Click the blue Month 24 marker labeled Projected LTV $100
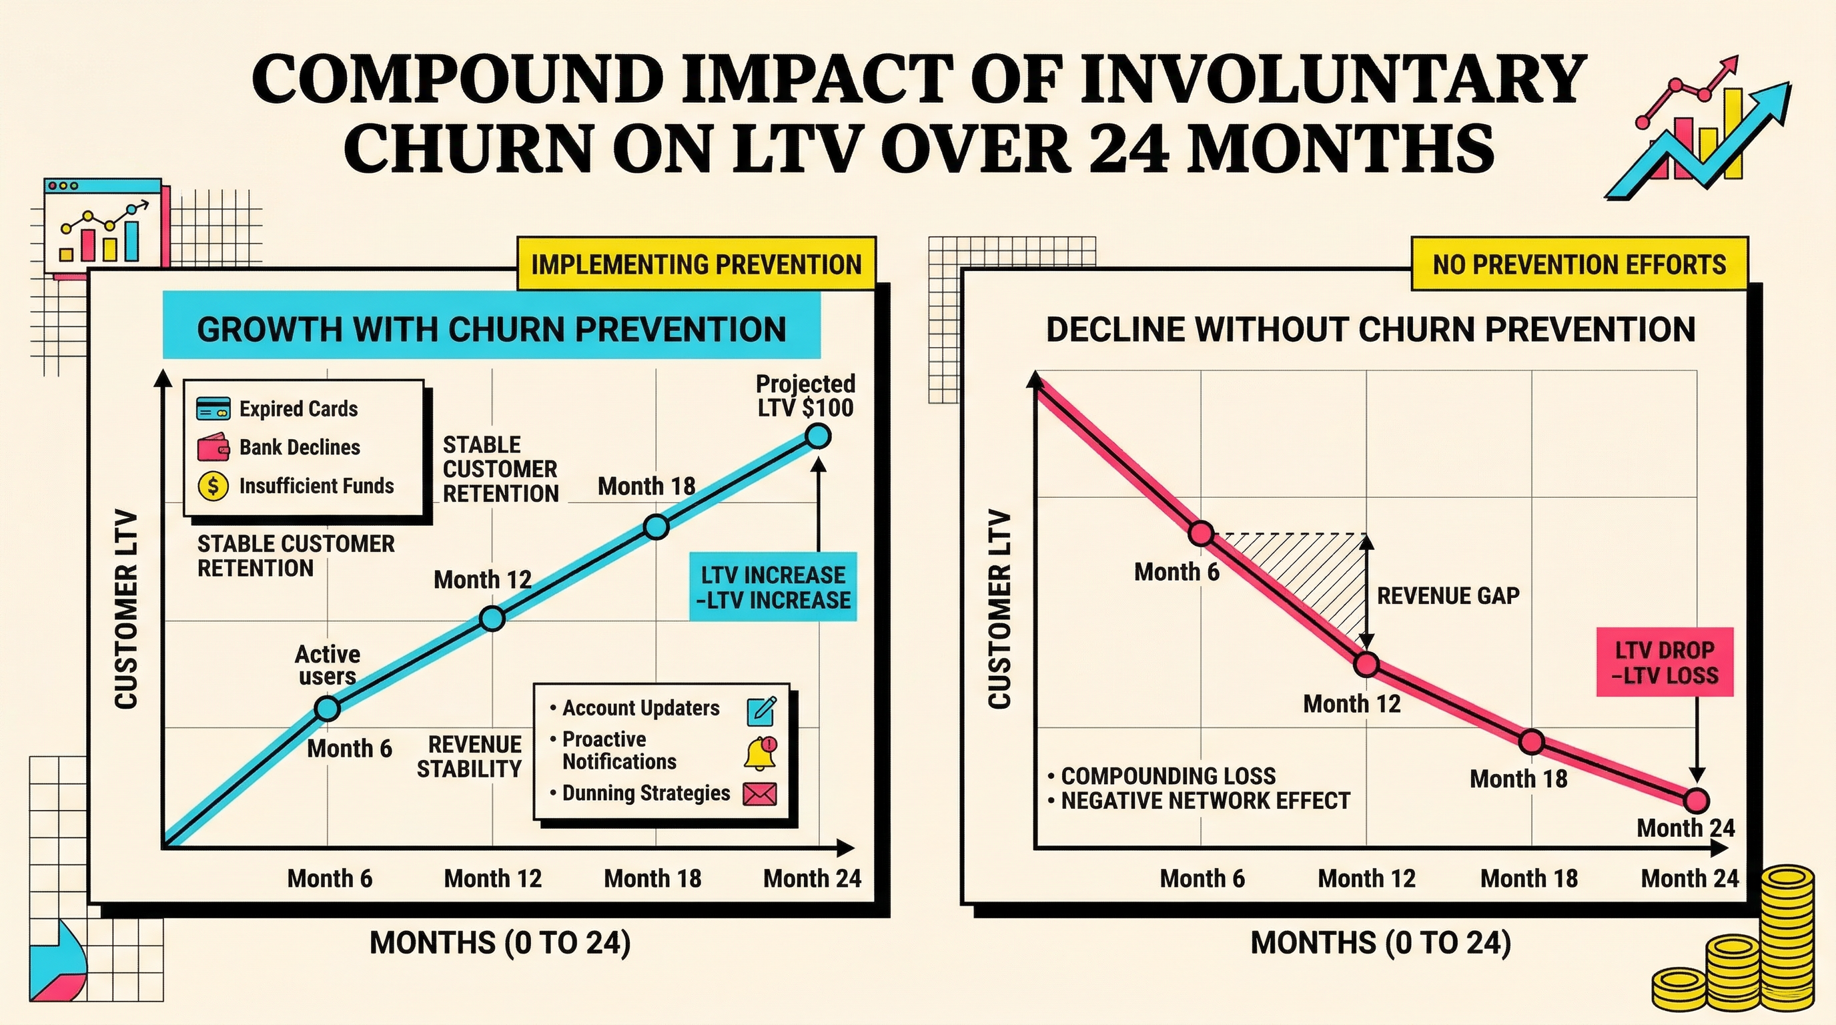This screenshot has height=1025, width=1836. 818,435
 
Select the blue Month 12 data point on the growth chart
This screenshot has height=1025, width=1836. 492,618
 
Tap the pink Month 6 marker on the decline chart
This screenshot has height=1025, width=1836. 1202,533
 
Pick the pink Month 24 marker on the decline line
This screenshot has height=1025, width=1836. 1697,801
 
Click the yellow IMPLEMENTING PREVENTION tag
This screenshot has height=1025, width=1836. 696,264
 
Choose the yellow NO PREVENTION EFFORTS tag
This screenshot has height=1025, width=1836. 1578,264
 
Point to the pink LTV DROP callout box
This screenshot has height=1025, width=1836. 1665,662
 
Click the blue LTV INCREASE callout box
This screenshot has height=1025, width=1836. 773,587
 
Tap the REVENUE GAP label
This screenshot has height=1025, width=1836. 1448,596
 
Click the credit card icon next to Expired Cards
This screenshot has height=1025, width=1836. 213,409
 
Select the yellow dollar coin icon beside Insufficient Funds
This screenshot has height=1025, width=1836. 213,486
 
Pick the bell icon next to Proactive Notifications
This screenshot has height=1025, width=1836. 761,753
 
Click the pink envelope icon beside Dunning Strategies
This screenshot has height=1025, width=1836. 760,794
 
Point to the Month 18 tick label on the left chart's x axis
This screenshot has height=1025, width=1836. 652,879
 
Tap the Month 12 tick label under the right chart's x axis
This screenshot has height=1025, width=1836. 1366,879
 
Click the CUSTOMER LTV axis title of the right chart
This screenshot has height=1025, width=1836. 999,609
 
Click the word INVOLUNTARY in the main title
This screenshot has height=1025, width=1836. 1332,80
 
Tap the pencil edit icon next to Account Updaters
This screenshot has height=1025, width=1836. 761,711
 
